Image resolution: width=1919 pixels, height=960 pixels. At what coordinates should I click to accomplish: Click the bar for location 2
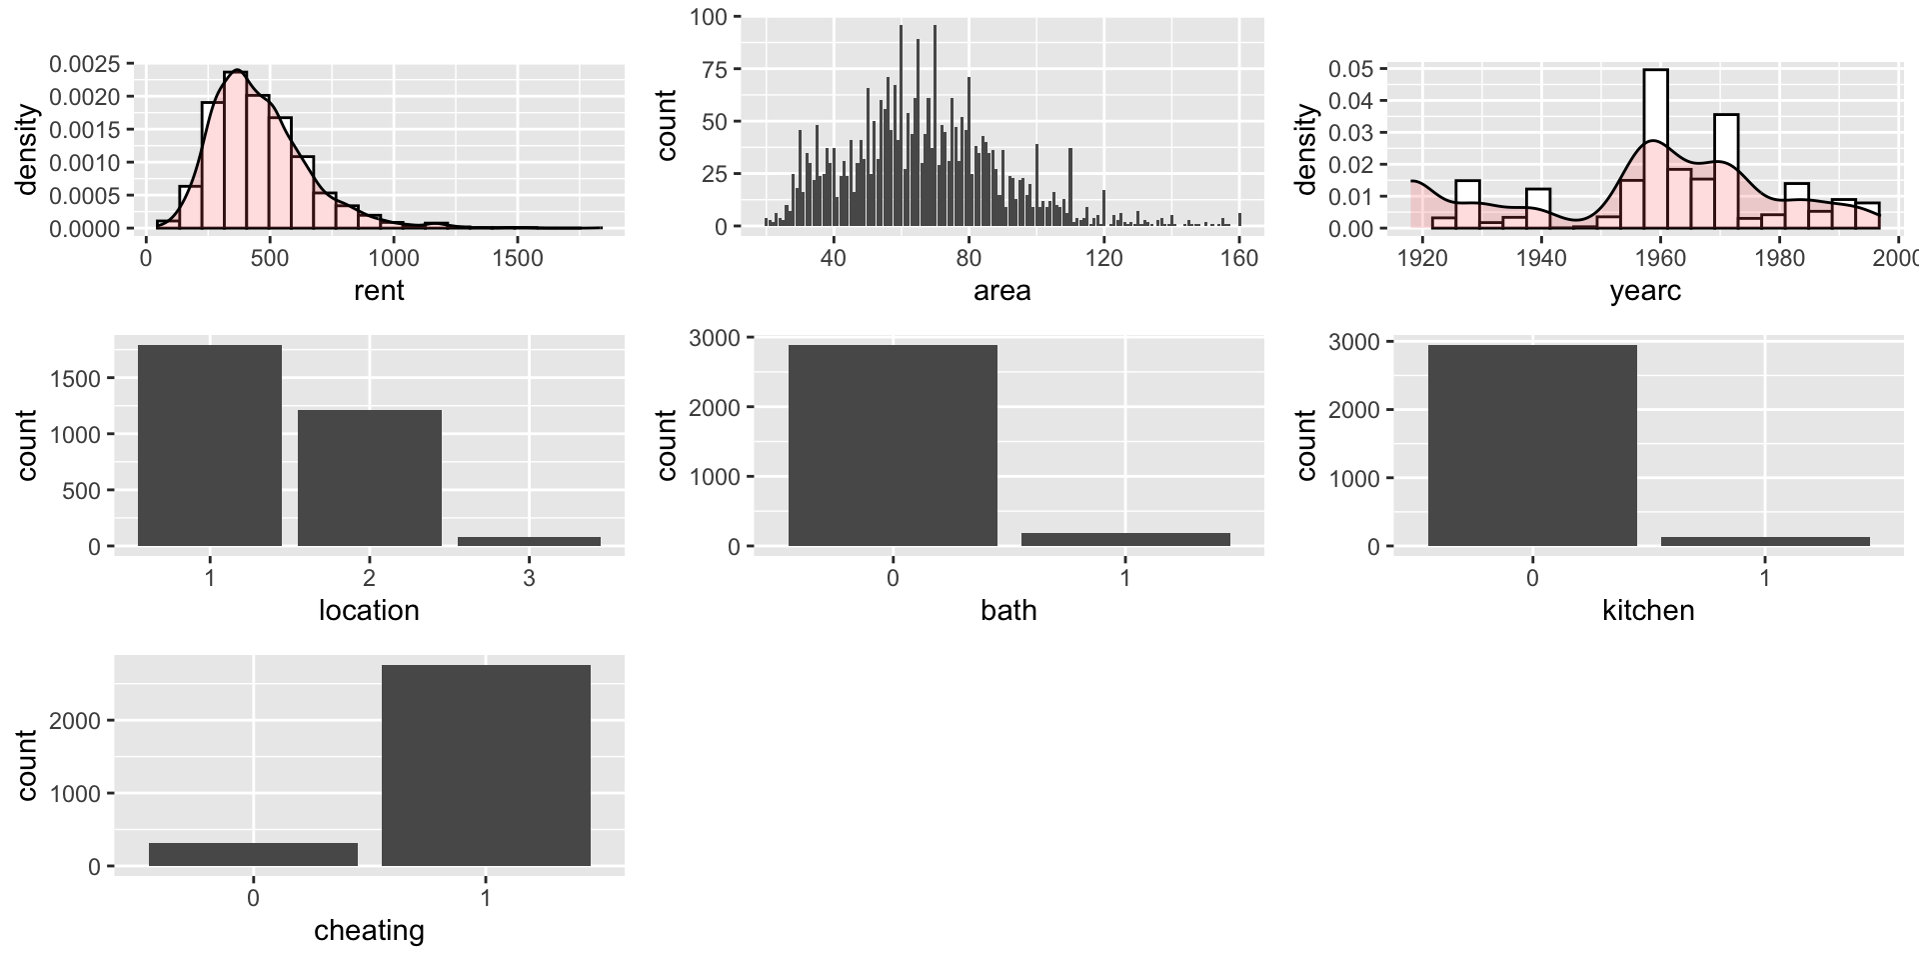coord(369,478)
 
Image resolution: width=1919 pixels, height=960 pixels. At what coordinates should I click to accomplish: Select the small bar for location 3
coord(529,541)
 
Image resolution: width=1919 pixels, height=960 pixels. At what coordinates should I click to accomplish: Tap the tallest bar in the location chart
coord(210,445)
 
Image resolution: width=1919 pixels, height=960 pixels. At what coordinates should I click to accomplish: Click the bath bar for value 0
coord(893,445)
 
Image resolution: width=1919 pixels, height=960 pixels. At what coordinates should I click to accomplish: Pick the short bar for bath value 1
coord(1125,539)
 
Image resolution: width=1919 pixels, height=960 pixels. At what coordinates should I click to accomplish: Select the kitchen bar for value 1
coord(1765,541)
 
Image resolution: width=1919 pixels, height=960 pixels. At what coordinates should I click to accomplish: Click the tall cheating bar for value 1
coord(486,765)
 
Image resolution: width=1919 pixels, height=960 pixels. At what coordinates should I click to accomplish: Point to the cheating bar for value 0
coord(253,854)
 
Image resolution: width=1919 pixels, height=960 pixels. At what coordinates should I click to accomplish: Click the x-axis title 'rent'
coord(379,291)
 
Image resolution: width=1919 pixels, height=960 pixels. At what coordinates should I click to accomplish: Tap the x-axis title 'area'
coord(1001,291)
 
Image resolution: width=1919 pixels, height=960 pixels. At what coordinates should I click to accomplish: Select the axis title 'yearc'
coord(1645,291)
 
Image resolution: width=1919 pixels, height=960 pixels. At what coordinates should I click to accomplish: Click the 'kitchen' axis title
coord(1648,611)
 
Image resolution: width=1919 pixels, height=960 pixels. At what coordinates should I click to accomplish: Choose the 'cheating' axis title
coord(369,931)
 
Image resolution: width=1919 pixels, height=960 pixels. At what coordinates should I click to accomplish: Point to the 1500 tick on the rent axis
coord(518,258)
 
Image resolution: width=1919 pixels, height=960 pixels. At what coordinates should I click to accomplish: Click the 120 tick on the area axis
coord(1103,258)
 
